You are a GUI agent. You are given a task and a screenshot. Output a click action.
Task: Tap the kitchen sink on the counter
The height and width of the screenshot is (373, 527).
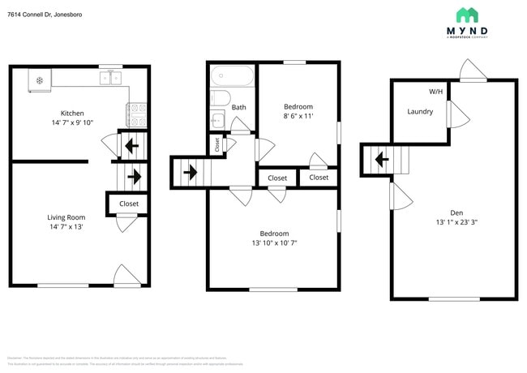(111, 78)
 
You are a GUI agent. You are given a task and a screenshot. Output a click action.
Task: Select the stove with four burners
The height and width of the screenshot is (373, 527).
(137, 114)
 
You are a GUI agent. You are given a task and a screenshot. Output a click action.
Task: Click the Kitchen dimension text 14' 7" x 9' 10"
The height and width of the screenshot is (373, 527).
(72, 123)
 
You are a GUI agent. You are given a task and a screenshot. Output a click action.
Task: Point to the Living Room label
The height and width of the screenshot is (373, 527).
(66, 217)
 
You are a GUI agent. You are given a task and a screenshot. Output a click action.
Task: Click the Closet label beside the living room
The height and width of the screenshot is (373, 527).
(129, 204)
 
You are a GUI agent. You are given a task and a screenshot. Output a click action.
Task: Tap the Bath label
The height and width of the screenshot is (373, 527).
(238, 107)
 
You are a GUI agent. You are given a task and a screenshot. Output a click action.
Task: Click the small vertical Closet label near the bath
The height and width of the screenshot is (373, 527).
(217, 144)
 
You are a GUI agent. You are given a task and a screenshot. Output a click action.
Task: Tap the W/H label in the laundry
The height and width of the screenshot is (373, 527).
(435, 92)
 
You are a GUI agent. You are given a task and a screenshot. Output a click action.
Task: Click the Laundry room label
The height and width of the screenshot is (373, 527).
(419, 112)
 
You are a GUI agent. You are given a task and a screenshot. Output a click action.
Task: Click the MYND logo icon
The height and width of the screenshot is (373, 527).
(467, 15)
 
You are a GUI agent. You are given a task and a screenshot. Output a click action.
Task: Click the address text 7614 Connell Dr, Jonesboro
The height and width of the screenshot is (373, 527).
(45, 15)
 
